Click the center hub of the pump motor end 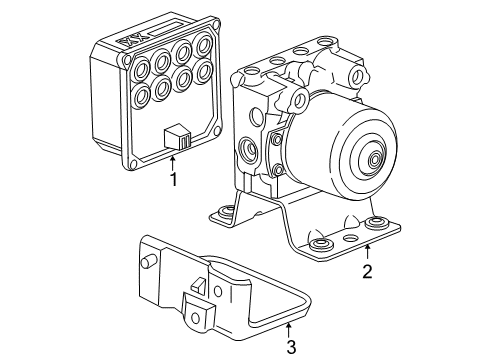tap(374, 159)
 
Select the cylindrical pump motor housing tap(335, 150)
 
